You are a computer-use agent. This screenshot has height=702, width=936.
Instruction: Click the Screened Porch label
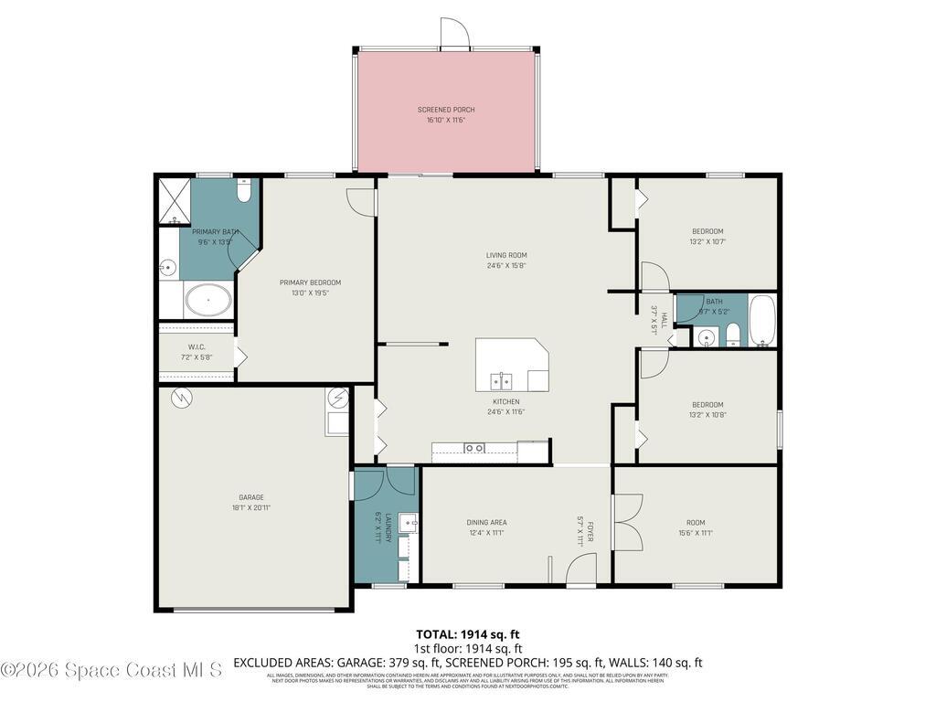pos(446,110)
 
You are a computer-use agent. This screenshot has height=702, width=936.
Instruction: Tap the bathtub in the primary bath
pos(208,299)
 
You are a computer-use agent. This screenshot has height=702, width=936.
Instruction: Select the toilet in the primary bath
pos(243,193)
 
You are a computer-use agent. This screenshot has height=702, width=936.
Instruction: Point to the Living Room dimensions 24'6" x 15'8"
pos(505,266)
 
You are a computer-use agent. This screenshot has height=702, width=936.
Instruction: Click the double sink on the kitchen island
pos(501,378)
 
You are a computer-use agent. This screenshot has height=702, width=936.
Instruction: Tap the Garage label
pos(251,497)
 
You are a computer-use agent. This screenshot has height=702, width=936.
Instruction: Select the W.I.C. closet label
pos(197,346)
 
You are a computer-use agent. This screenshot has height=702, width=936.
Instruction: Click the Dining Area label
pos(486,523)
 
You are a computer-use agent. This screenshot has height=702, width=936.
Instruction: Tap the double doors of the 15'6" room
pos(628,522)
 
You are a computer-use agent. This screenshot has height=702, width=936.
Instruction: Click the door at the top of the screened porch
pos(453,34)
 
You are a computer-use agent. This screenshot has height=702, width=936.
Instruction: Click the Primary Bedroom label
pos(310,282)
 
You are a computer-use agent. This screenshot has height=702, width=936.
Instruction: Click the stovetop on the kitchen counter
pos(473,447)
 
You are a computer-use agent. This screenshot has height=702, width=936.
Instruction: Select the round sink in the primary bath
pos(167,268)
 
